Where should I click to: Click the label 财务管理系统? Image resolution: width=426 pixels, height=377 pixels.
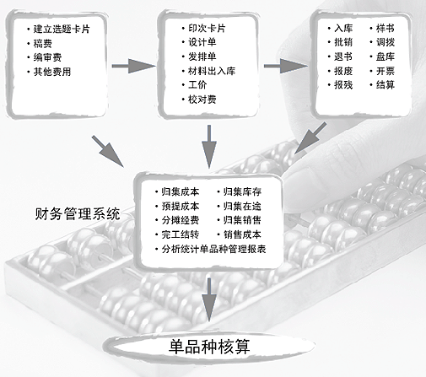pyautogui.click(x=78, y=214)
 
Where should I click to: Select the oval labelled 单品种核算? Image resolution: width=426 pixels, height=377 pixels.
pyautogui.click(x=209, y=347)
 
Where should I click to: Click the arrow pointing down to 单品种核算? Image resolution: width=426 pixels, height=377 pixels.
pyautogui.click(x=209, y=299)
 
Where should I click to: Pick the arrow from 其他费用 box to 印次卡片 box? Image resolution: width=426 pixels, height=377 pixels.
pyautogui.click(x=133, y=66)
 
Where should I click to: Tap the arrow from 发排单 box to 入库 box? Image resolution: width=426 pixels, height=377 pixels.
pyautogui.click(x=285, y=66)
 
